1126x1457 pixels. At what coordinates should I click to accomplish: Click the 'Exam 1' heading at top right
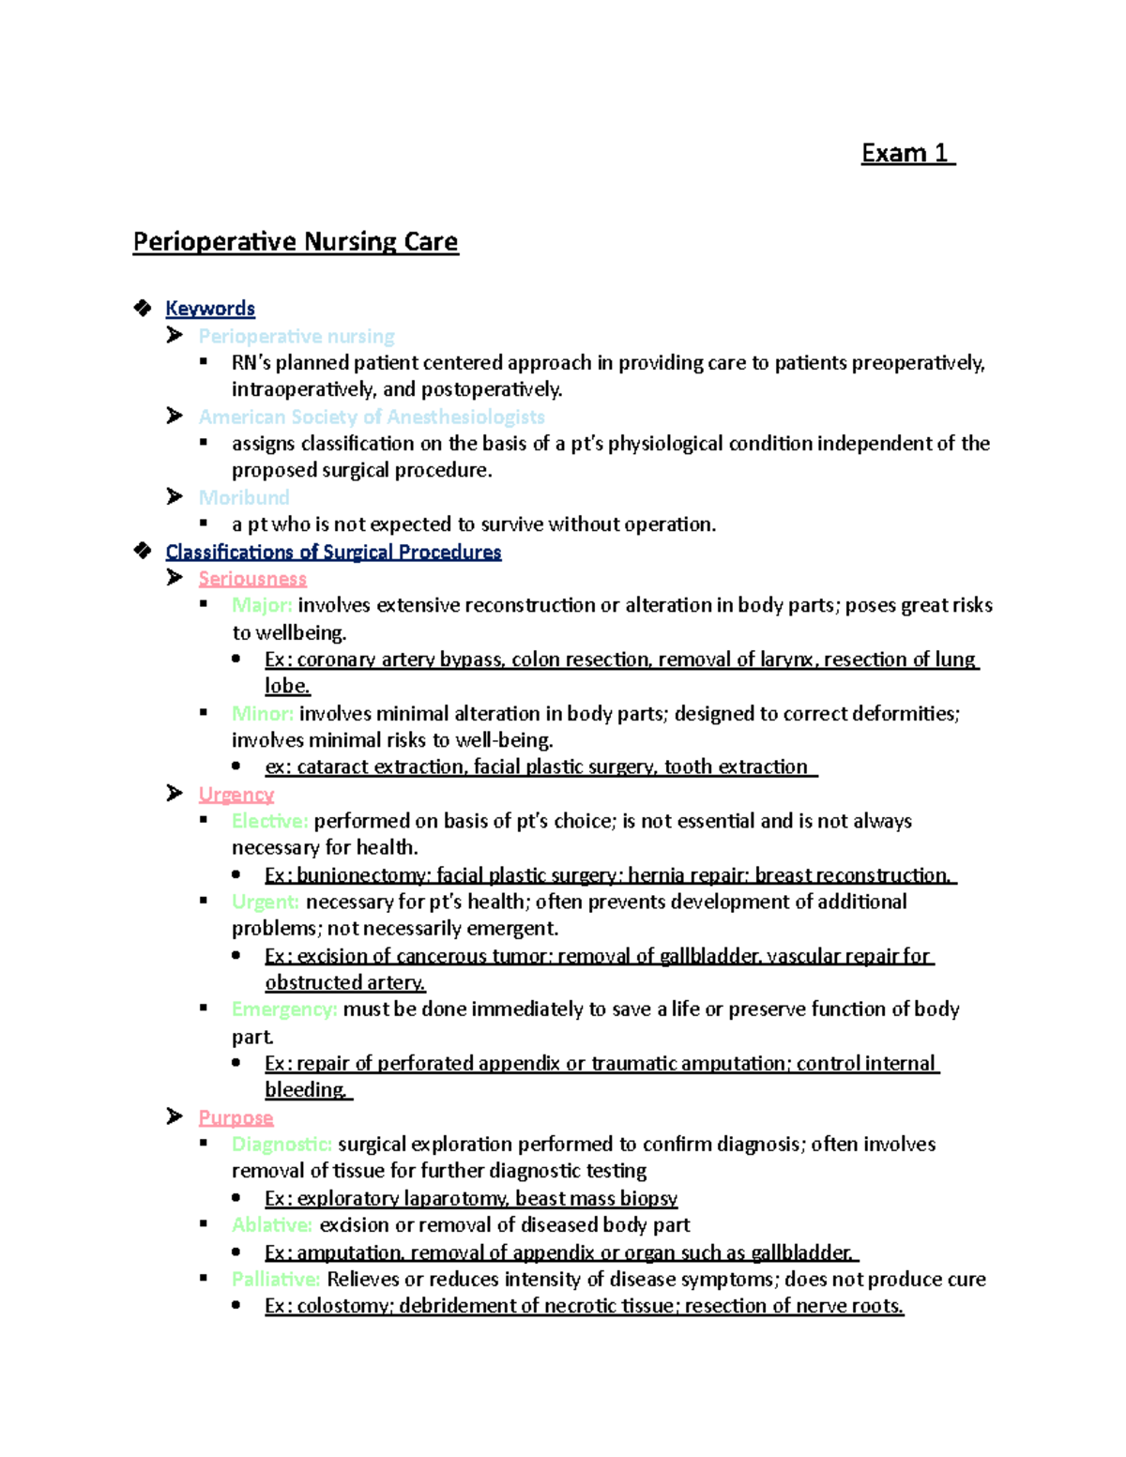tap(906, 153)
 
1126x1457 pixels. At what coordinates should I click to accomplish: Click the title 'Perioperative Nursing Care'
tap(296, 242)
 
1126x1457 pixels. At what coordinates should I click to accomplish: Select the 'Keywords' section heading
tap(210, 309)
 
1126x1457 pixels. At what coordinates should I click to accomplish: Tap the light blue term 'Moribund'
tap(244, 497)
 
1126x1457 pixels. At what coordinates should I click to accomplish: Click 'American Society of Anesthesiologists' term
tap(372, 417)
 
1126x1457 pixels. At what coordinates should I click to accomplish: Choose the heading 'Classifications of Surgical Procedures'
tap(333, 552)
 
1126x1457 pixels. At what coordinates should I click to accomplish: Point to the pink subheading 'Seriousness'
tap(252, 579)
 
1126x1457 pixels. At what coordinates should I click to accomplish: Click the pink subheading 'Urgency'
tap(236, 795)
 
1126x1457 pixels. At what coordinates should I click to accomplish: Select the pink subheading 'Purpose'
tap(236, 1117)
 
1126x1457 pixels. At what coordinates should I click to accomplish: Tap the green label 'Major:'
tap(262, 605)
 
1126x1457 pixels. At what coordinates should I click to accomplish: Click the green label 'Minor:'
tap(263, 714)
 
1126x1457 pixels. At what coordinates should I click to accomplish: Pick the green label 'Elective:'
tap(269, 821)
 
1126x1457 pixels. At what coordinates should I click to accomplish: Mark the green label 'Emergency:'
tap(283, 1009)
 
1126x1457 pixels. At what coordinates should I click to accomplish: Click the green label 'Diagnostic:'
tap(281, 1145)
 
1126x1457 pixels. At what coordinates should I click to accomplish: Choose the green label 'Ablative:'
tap(272, 1225)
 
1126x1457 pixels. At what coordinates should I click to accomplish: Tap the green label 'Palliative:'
tap(276, 1280)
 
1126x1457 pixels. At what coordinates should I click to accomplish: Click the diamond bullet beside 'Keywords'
tap(143, 308)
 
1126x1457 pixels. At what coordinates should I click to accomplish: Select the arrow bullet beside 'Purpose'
tap(175, 1116)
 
